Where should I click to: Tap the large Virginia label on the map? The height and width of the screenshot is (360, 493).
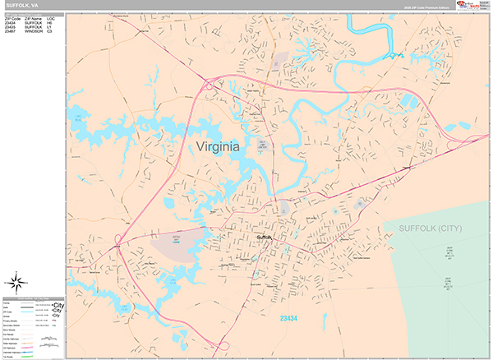[219, 146]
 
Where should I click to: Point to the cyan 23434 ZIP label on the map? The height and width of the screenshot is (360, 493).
[288, 318]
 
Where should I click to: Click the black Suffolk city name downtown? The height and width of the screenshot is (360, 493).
[263, 238]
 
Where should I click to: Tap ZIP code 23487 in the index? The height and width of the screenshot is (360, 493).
[12, 32]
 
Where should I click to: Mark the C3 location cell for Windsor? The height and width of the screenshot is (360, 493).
[49, 32]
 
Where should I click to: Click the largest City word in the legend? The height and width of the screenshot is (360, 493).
[58, 304]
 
